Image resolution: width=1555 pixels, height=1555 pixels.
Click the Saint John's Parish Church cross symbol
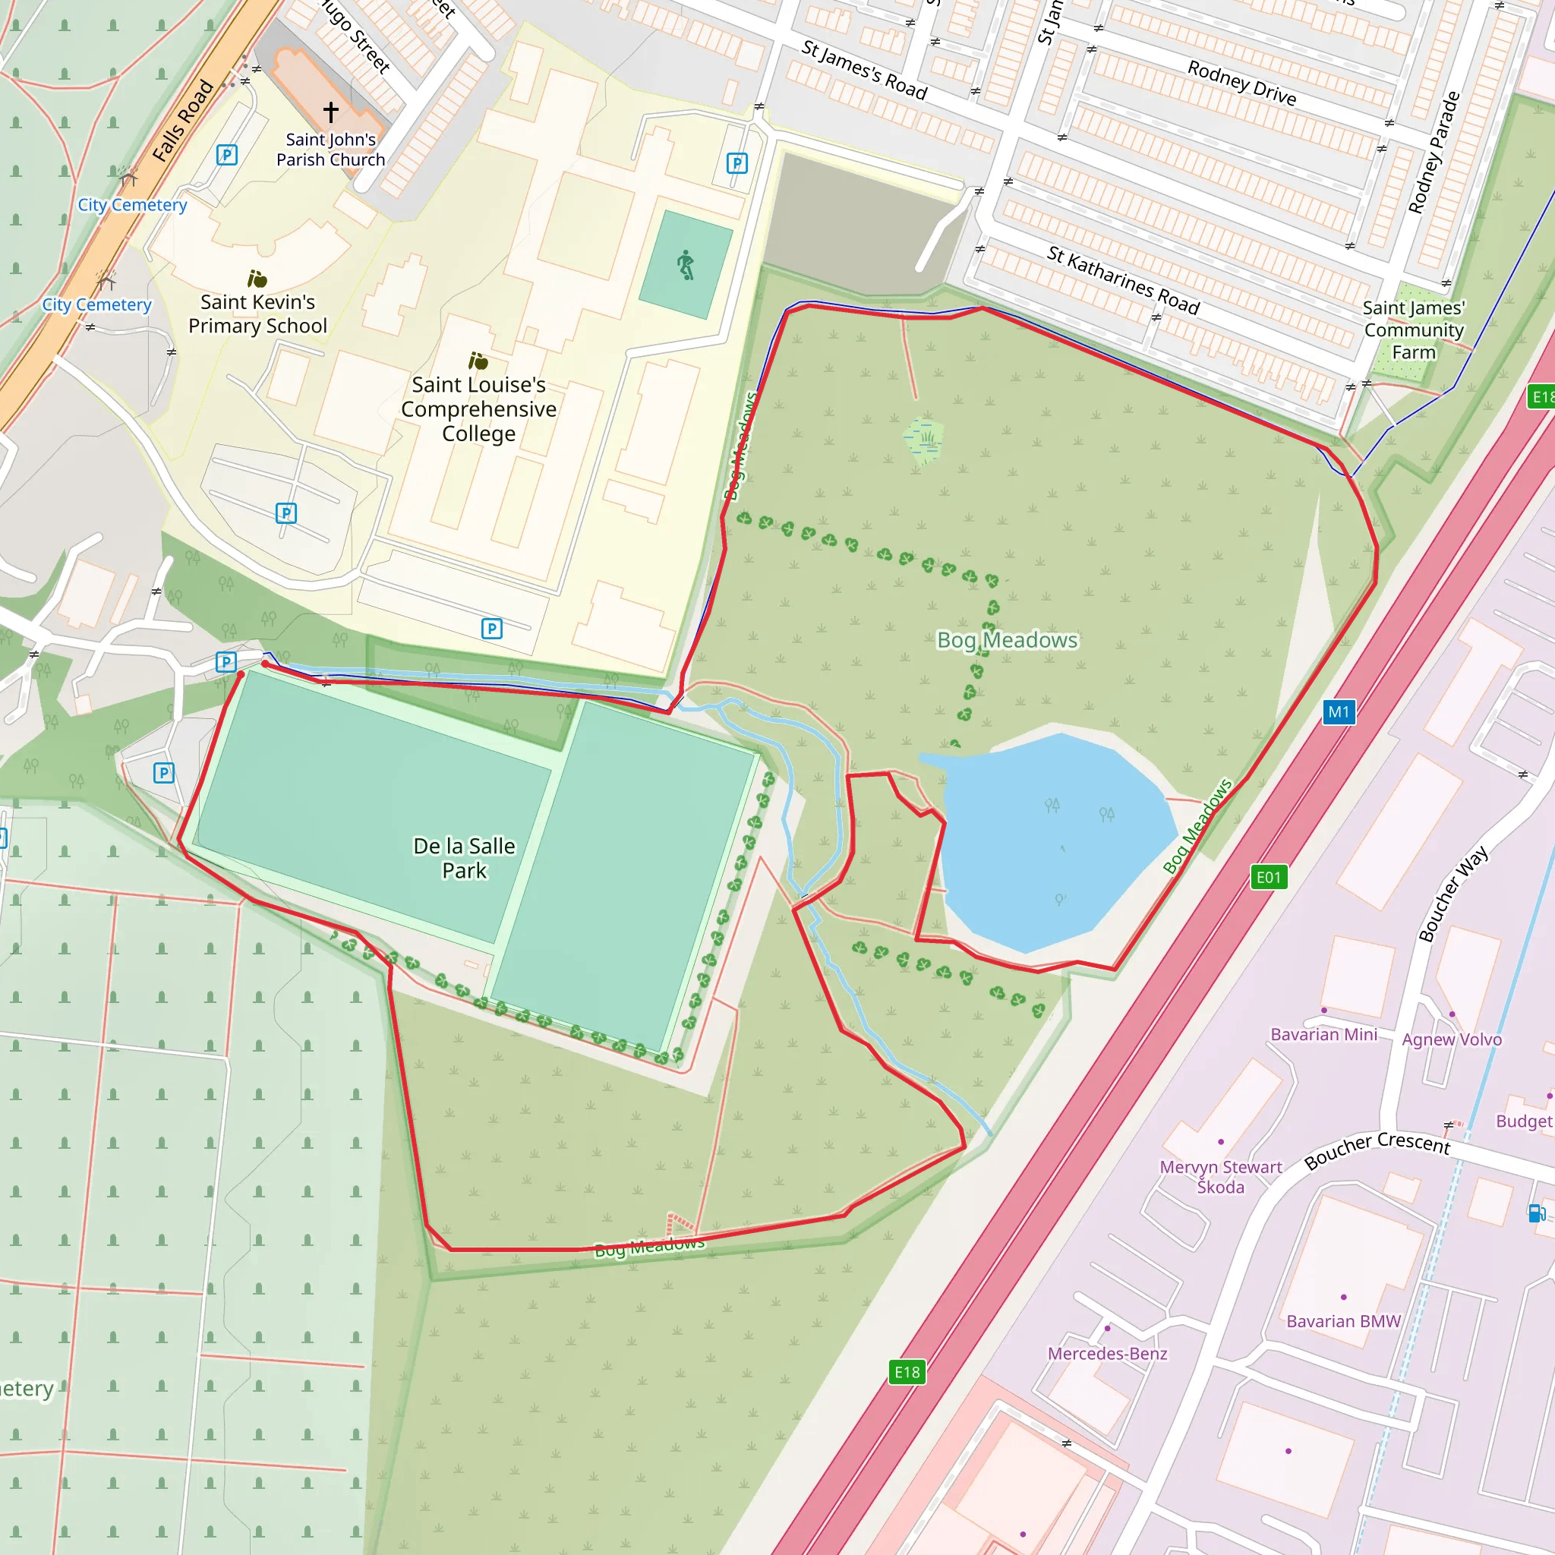point(331,111)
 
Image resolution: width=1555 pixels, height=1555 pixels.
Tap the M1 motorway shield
point(1339,711)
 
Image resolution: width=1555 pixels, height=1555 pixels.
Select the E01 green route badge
point(1269,877)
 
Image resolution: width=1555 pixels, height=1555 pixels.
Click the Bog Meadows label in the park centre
point(1007,640)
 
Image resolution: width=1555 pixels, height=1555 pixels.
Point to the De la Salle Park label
point(465,858)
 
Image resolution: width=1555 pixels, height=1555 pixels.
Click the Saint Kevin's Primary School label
point(257,314)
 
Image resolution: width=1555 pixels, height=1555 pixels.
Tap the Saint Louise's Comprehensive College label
point(479,409)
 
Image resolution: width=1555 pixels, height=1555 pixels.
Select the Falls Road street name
point(184,121)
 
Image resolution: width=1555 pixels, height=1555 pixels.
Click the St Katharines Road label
point(1123,280)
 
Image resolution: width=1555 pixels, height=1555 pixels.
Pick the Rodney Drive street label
point(1242,84)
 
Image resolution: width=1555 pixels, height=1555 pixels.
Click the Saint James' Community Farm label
point(1413,330)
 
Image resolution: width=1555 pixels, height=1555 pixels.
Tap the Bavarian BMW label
point(1343,1321)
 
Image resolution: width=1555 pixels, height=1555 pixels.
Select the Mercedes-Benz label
point(1107,1353)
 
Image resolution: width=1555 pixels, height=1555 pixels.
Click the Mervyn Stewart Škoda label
point(1220,1177)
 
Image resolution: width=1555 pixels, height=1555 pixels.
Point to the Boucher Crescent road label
point(1377,1150)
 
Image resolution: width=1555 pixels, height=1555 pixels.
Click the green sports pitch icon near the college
point(685,265)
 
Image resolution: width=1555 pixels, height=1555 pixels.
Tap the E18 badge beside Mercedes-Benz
point(907,1372)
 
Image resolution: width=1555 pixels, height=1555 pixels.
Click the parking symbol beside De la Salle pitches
point(164,774)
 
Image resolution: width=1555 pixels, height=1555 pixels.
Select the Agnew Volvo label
point(1451,1039)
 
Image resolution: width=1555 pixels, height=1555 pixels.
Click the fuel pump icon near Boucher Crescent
point(1536,1213)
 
